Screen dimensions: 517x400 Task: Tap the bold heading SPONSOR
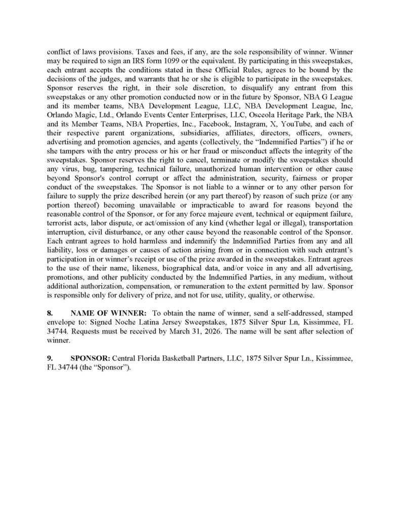90,358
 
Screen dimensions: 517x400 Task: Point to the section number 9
50,358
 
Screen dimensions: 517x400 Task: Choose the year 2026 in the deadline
234,331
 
